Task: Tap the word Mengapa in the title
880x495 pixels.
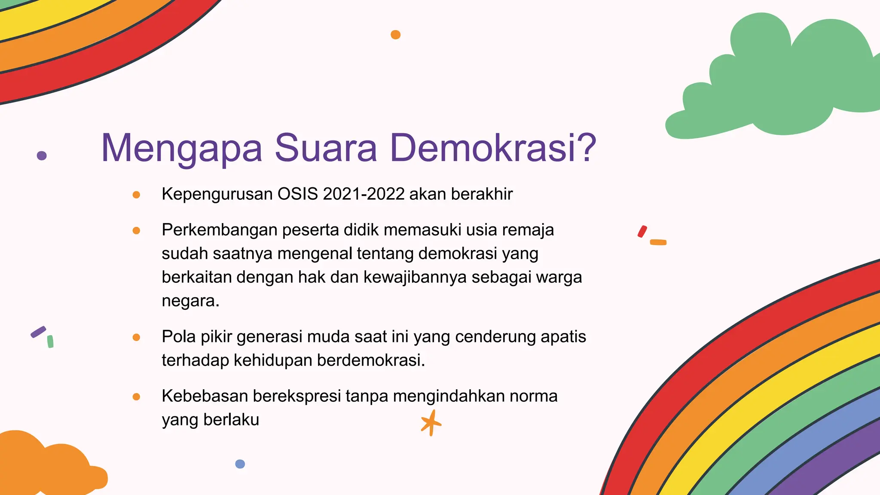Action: (x=181, y=148)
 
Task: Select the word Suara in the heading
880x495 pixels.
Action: (x=325, y=148)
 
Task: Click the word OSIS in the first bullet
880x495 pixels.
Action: (x=298, y=194)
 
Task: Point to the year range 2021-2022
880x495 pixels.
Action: (x=364, y=194)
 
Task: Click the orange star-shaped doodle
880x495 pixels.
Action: (x=431, y=423)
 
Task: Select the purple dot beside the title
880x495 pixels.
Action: (x=42, y=156)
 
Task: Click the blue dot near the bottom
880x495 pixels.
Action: (x=240, y=464)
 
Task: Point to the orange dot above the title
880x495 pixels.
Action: (x=396, y=35)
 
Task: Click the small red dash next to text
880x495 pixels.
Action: (x=642, y=232)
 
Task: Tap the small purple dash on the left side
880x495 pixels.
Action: (x=38, y=332)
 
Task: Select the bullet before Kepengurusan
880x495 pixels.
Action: (x=136, y=195)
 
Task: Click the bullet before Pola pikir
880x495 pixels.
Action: (x=136, y=337)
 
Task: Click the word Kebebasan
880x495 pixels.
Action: (x=205, y=396)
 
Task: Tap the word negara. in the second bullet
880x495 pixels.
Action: (x=190, y=300)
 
